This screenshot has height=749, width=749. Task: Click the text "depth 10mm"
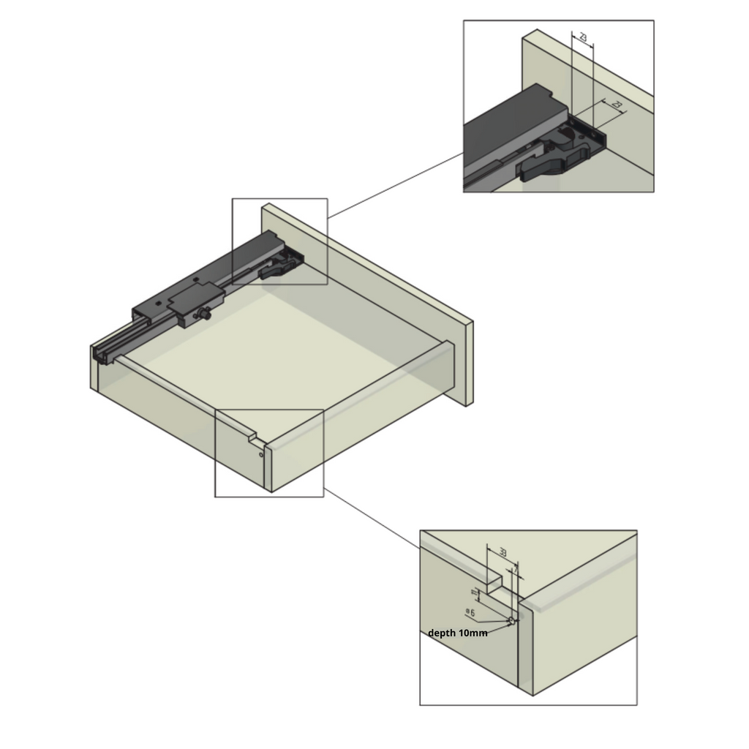[458, 633]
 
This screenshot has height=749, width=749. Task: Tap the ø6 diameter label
[470, 611]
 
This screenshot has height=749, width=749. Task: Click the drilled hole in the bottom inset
[512, 621]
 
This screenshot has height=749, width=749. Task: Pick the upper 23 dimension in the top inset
[582, 37]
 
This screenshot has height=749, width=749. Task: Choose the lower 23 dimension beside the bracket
[616, 106]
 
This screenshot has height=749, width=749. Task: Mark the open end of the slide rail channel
[100, 353]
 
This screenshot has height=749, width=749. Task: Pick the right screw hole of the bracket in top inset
[596, 134]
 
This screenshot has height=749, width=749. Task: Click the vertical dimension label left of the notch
[474, 590]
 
